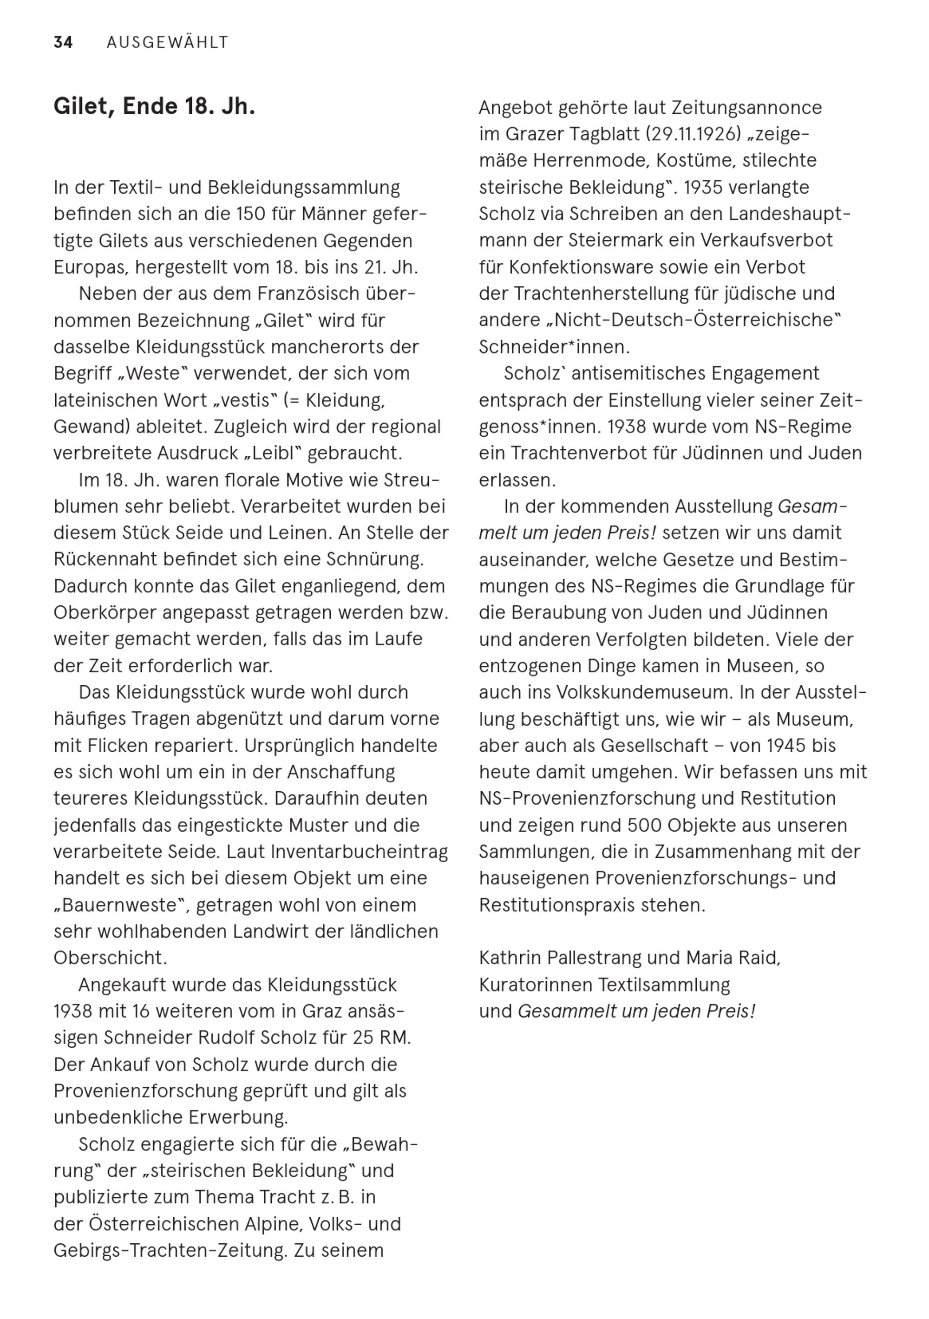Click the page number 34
click(x=63, y=43)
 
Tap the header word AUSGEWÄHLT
click(x=168, y=43)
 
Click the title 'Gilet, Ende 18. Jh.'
click(x=154, y=107)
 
